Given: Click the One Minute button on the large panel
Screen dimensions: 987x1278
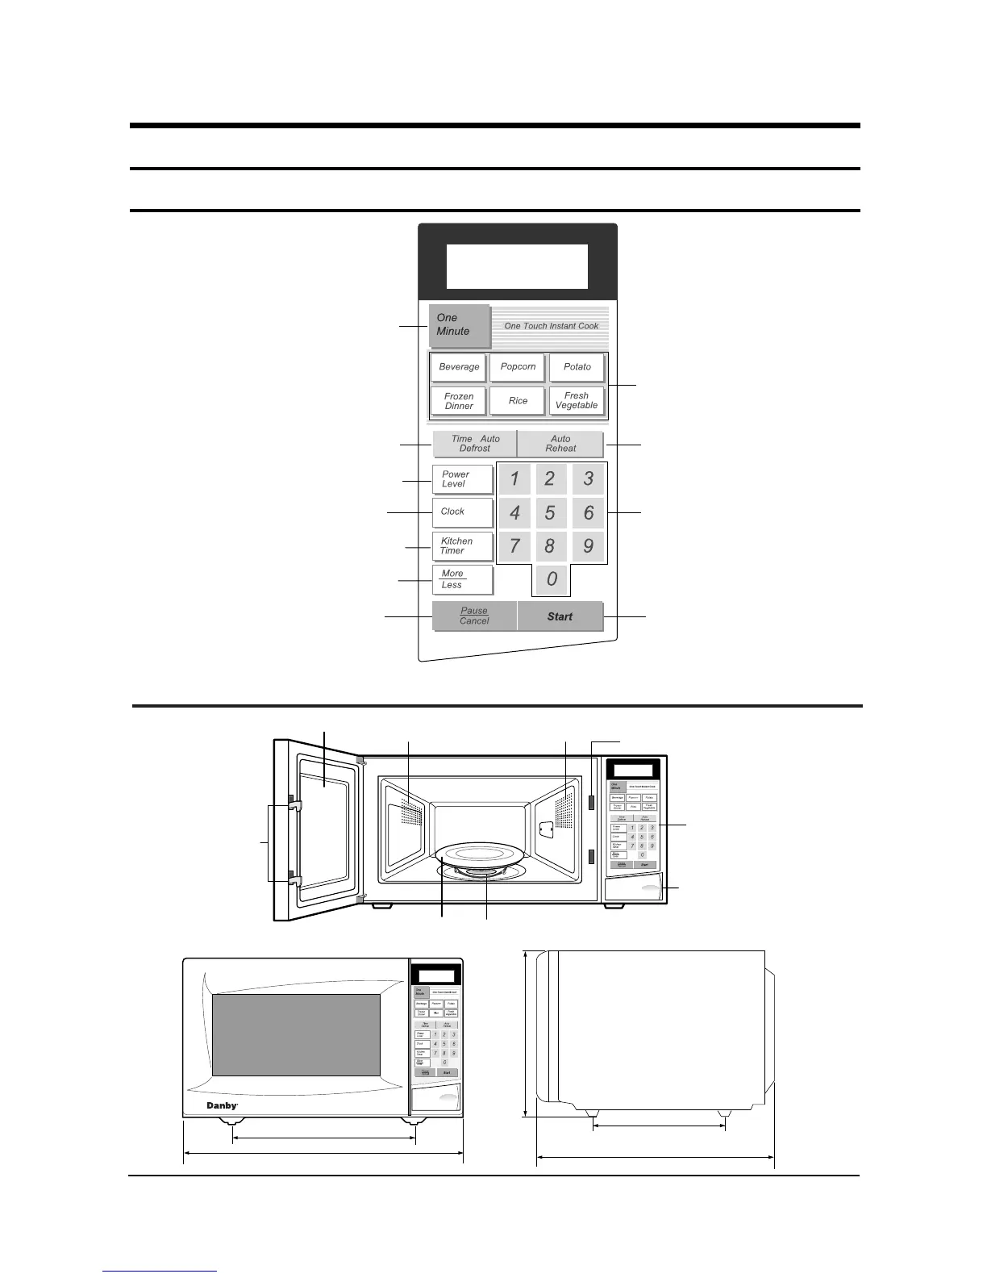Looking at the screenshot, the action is click(459, 325).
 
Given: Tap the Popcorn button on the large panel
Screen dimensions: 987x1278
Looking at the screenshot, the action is click(518, 367).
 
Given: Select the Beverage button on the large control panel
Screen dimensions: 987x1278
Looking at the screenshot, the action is click(459, 367).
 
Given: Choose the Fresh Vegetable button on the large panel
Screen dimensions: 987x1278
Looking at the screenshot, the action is click(577, 401).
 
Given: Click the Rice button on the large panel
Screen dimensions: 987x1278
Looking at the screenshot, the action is click(518, 401).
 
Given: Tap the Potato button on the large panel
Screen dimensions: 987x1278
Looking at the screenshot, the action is click(577, 367).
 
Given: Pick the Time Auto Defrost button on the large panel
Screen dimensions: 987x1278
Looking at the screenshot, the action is click(475, 444).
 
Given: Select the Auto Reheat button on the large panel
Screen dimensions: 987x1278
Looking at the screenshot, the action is click(560, 444).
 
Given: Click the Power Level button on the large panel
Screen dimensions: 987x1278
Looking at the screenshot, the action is click(462, 479).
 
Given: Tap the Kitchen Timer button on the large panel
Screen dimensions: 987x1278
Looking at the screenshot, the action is click(462, 546).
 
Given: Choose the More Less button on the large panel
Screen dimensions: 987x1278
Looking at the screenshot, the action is click(462, 579).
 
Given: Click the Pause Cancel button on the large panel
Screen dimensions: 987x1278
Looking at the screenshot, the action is click(474, 616).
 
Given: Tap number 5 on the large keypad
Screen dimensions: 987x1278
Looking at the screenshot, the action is click(550, 513).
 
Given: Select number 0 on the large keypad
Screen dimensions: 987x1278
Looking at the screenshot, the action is click(552, 579).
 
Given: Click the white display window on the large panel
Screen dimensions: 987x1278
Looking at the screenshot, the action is click(517, 266).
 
